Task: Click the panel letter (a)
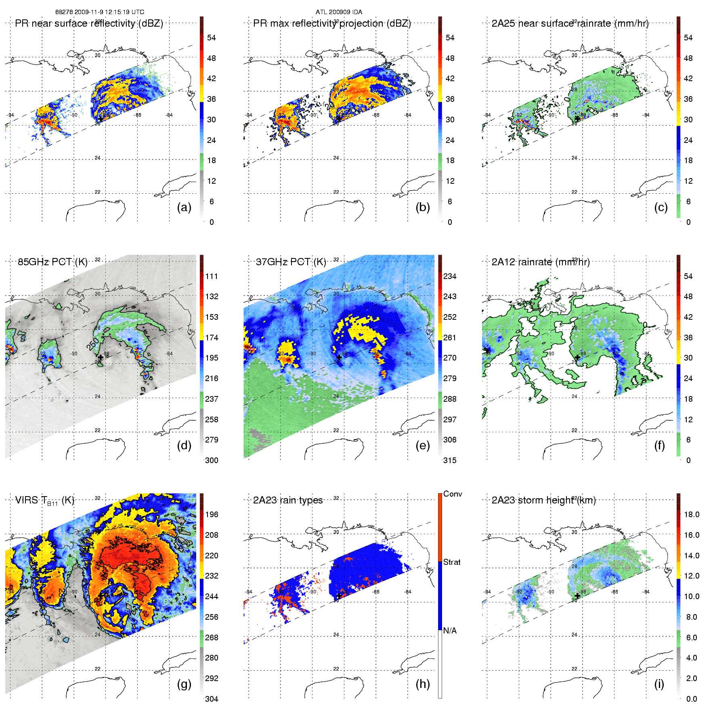(184, 208)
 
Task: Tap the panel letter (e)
(423, 446)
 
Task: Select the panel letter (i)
(659, 684)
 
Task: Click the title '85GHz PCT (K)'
(52, 262)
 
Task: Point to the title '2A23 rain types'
(288, 500)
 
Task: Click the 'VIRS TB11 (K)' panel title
(44, 501)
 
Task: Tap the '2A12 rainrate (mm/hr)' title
(541, 262)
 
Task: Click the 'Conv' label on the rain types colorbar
(453, 494)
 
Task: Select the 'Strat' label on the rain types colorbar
(452, 562)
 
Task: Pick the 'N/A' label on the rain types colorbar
(450, 631)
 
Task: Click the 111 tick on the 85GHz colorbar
(212, 276)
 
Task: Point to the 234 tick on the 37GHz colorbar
(450, 276)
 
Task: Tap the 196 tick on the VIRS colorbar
(212, 514)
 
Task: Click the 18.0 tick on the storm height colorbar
(692, 514)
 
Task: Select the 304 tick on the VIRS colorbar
(212, 699)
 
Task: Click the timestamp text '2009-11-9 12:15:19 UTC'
(109, 12)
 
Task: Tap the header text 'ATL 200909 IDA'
(339, 12)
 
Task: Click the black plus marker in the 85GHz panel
(101, 357)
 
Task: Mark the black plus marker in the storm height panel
(577, 595)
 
